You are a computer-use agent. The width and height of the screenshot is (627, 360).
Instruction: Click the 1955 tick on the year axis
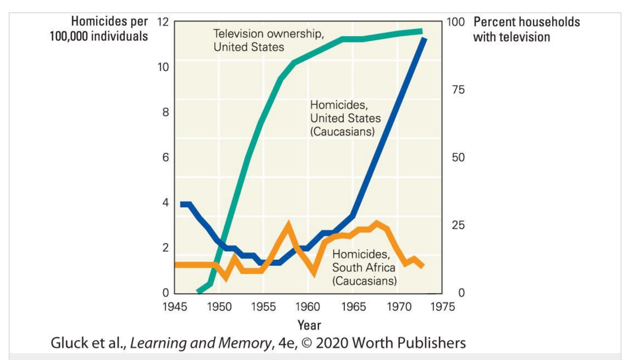(263, 307)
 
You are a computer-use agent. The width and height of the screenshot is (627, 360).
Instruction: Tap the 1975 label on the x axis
(442, 307)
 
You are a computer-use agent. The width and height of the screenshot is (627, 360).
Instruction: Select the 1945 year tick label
(175, 307)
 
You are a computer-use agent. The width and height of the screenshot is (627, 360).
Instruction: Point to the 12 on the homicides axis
(163, 22)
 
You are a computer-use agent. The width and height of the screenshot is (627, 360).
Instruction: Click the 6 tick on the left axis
(165, 157)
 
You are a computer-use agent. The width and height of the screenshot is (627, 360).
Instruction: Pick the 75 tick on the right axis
(458, 89)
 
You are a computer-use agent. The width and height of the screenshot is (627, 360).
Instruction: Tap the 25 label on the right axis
(458, 225)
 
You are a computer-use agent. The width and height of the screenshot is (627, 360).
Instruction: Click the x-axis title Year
(309, 325)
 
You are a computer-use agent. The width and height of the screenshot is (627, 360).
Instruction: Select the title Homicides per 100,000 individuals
(99, 29)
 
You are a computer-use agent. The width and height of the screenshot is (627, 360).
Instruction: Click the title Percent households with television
(526, 29)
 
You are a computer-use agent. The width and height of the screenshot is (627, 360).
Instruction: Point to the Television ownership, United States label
(268, 40)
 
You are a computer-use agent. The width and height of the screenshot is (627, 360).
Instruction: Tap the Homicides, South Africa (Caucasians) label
(364, 267)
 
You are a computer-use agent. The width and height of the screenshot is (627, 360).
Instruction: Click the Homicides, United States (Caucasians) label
(345, 118)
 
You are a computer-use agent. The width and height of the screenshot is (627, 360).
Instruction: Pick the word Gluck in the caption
(68, 343)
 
